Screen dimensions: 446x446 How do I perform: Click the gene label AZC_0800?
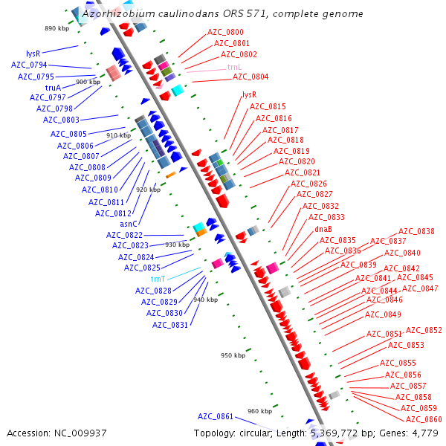coord(224,33)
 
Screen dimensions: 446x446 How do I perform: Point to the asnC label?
coord(129,224)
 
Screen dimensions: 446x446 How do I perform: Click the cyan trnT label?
coord(158,279)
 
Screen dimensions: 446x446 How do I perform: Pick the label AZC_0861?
coord(216,416)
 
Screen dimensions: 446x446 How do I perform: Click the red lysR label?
coord(249,95)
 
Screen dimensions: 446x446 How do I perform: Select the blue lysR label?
coord(33,54)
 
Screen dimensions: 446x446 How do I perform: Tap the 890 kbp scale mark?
coord(56,28)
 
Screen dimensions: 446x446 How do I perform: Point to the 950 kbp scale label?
coord(233,355)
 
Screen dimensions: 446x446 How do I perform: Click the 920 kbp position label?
coord(148,190)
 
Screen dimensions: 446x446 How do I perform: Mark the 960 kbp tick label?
coord(259,411)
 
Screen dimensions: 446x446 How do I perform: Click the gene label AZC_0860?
coord(424,420)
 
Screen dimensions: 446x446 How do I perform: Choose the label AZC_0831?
coord(171,325)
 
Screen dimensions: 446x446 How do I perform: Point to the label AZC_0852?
coord(424,331)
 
